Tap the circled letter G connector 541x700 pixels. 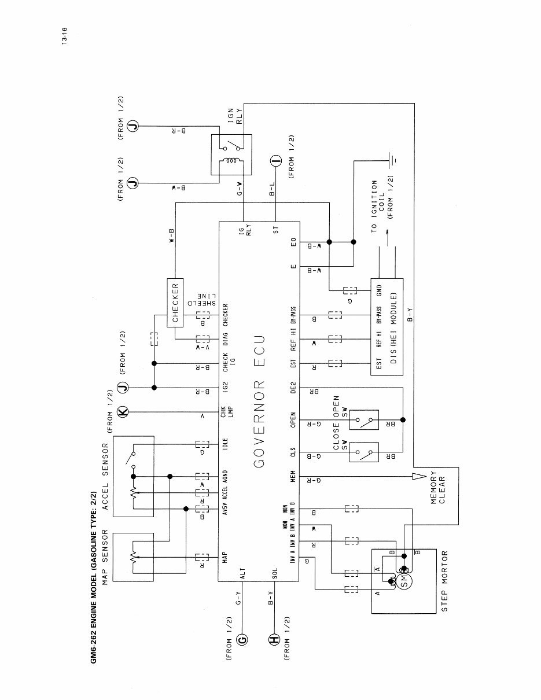(x=242, y=639)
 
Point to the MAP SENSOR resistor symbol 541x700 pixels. (x=134, y=557)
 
